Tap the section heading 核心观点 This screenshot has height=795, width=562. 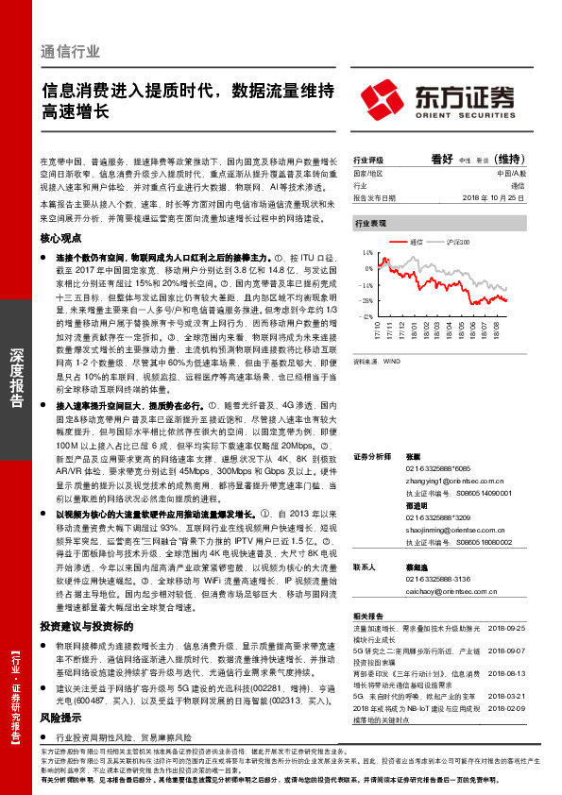click(x=60, y=240)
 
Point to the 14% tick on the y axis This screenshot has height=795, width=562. click(x=367, y=254)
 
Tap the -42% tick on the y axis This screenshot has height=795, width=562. click(x=366, y=316)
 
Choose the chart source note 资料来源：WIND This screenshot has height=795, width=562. click(x=376, y=360)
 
